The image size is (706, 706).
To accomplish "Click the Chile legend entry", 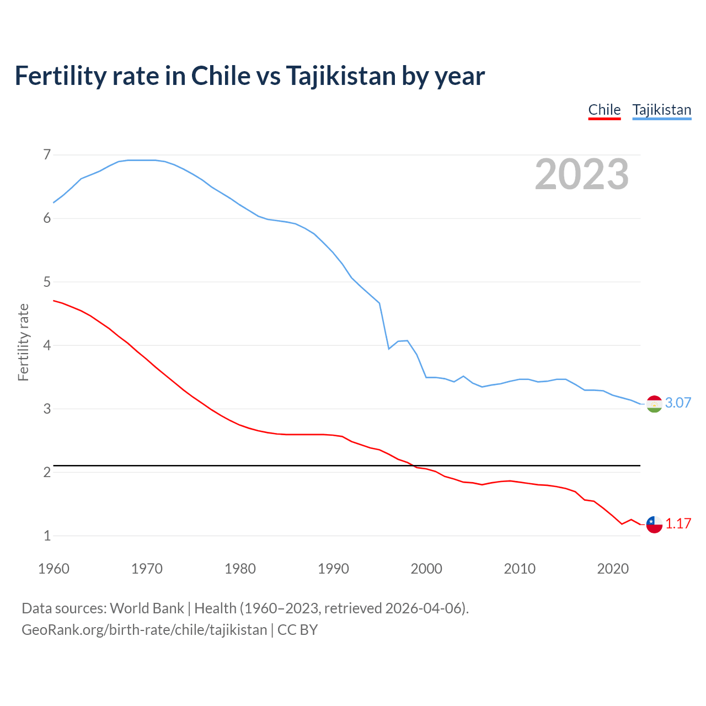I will [x=604, y=110].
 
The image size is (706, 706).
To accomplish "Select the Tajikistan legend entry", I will [x=661, y=110].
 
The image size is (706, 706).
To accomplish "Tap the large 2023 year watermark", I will [x=581, y=174].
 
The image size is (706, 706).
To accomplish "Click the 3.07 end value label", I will [x=678, y=403].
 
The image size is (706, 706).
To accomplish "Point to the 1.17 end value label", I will [x=678, y=523].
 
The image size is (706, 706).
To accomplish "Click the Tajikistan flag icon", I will [x=654, y=404].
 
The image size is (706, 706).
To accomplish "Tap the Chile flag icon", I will [x=654, y=525].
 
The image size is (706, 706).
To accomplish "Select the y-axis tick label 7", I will [x=47, y=154].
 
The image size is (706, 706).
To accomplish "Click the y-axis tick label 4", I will [x=47, y=345].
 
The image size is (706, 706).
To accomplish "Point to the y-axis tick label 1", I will [x=47, y=536].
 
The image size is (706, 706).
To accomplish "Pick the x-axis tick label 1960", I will [x=54, y=569].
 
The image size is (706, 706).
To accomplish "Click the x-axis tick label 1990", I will [x=333, y=569].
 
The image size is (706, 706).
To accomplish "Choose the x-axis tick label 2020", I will [x=613, y=569].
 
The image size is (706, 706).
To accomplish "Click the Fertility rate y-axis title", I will [x=23, y=342].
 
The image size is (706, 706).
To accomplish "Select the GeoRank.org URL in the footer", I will [x=144, y=629].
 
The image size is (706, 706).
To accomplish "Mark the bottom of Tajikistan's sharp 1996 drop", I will [x=389, y=349].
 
